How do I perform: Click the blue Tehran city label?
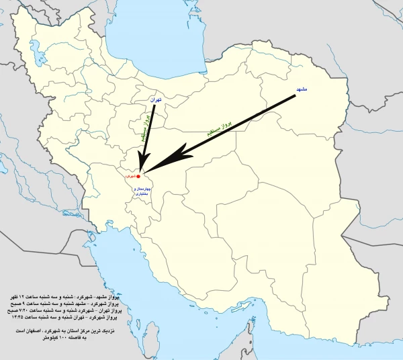tap(156, 98)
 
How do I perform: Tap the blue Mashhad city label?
tap(302, 88)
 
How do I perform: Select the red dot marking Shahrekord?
tap(138, 176)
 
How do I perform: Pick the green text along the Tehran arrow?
tap(143, 128)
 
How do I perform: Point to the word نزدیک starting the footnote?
tap(107, 332)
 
